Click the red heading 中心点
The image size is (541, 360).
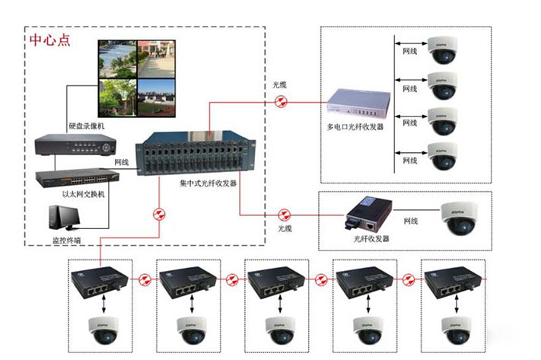tap(50, 40)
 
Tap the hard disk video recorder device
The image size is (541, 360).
tap(75, 143)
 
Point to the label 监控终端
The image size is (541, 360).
tap(63, 240)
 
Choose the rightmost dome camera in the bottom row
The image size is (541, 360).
tap(454, 329)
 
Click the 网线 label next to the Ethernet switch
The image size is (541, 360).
tap(122, 162)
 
